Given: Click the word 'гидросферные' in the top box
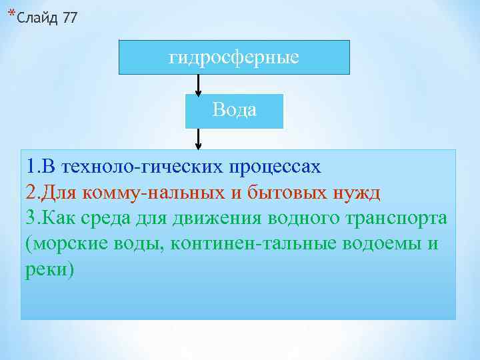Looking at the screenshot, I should (x=234, y=57).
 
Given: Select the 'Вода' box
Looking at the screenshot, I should (x=234, y=110).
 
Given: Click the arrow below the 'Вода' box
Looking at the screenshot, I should (x=198, y=138).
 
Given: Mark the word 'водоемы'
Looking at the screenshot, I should (x=378, y=243).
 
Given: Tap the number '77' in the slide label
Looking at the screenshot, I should (x=69, y=17).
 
